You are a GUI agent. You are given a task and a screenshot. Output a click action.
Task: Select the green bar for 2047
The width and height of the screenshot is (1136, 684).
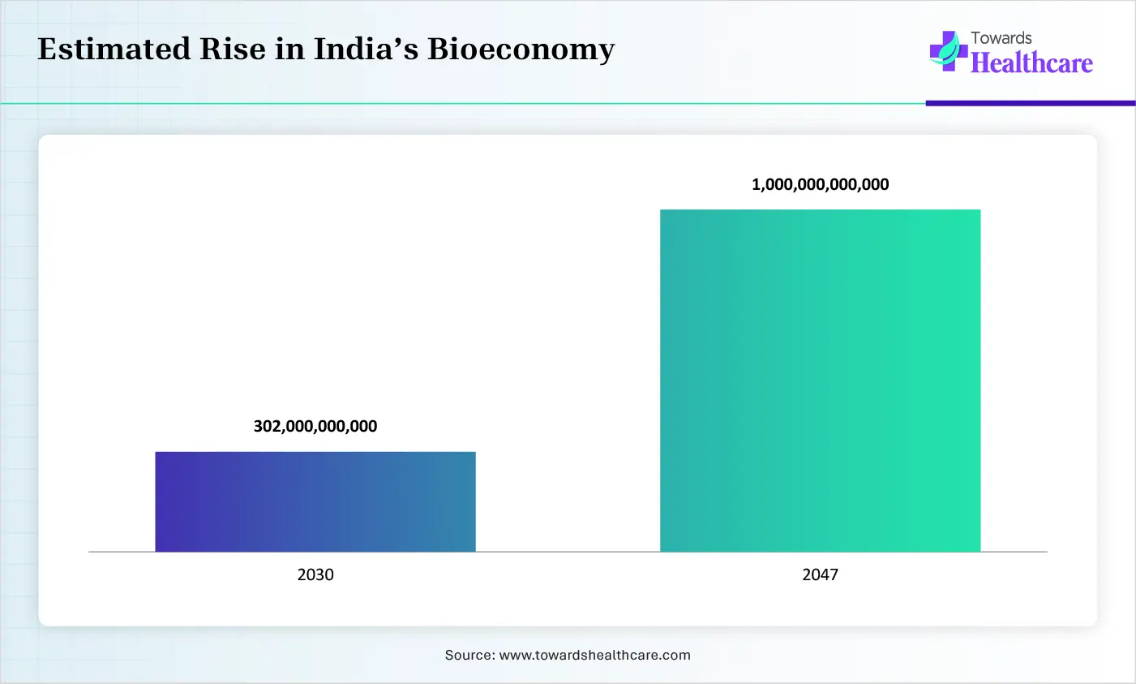click(x=820, y=381)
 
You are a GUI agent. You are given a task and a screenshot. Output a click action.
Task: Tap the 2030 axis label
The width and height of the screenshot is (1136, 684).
click(x=315, y=574)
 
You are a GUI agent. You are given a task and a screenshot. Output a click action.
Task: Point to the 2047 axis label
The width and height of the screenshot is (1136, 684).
click(x=820, y=574)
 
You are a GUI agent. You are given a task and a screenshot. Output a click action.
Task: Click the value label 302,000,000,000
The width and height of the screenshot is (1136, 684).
click(x=315, y=426)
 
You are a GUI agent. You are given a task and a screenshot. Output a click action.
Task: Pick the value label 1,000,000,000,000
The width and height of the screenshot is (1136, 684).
click(x=820, y=184)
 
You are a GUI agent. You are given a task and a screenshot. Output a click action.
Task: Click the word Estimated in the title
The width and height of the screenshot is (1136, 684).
click(x=112, y=49)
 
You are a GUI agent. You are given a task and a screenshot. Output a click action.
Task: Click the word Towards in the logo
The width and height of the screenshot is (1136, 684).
click(x=1001, y=38)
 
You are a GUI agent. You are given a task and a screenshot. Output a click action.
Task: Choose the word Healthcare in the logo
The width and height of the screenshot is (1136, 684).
click(x=1031, y=62)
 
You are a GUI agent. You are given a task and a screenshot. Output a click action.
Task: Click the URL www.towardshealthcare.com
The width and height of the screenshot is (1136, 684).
click(x=594, y=655)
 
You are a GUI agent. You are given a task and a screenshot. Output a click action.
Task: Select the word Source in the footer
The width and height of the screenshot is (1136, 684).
click(x=468, y=655)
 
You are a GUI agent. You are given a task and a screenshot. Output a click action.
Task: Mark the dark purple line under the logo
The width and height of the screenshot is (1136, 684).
click(x=1030, y=103)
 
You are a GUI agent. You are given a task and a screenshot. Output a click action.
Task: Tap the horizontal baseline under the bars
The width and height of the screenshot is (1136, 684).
click(x=568, y=552)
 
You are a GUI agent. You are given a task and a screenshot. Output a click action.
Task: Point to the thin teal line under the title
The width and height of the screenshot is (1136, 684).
click(x=462, y=104)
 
